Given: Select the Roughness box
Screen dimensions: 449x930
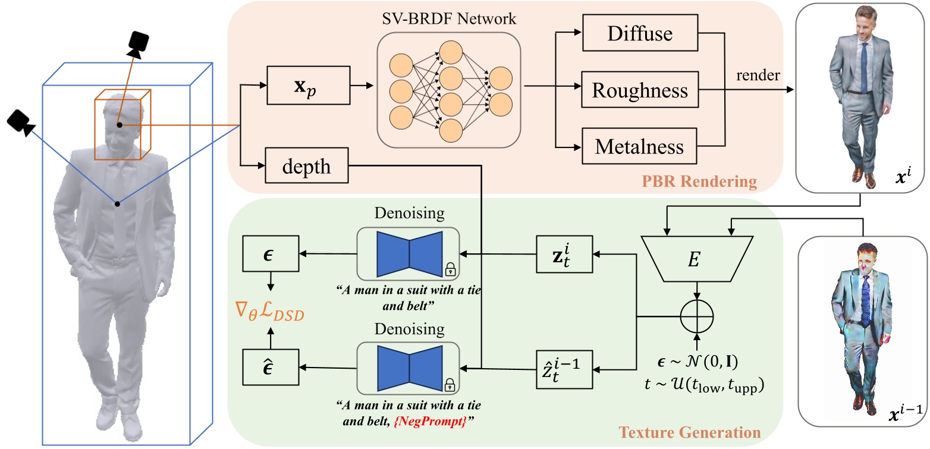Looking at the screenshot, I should pos(640,90).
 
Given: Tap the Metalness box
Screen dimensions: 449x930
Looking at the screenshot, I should pos(640,146).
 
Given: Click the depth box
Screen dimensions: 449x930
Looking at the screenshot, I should pos(307,166).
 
